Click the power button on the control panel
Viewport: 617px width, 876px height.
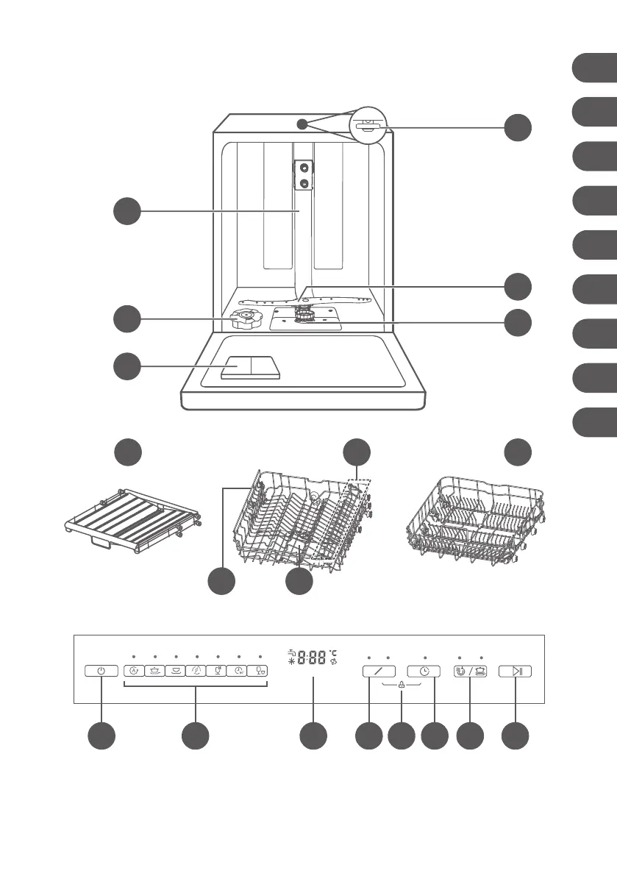tap(101, 671)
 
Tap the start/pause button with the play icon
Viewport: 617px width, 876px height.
tap(515, 671)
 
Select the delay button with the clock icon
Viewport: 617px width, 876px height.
tap(425, 671)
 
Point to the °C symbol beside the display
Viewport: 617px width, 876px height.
tap(333, 652)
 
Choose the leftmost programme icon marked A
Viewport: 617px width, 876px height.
tap(134, 671)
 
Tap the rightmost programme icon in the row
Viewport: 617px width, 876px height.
tap(260, 671)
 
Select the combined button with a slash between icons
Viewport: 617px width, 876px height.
tap(469, 671)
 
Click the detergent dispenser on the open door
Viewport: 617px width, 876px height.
tap(250, 367)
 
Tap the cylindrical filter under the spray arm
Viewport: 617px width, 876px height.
tap(304, 316)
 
